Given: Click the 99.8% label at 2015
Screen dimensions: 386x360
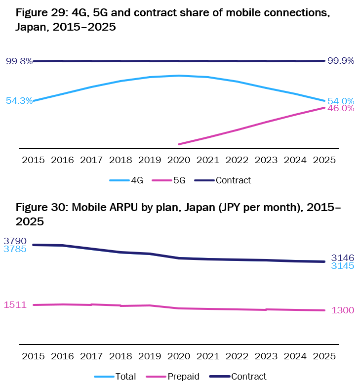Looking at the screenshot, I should pos(19,61).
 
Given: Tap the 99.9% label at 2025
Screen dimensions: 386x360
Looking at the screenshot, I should pos(341,61).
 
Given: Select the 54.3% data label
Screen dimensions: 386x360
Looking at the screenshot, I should pos(19,101).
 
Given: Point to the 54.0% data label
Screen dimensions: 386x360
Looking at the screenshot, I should pos(341,101).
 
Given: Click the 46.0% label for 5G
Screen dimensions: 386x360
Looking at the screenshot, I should pos(341,108).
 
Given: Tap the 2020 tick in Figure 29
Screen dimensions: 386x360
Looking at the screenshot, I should pos(179,160).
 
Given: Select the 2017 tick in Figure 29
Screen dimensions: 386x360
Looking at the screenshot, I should pos(91,160).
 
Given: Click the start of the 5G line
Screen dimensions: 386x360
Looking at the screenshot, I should pos(179,144).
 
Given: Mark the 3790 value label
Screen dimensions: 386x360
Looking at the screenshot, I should pos(15,241).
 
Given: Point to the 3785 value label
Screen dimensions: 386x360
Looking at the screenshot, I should pos(15,249).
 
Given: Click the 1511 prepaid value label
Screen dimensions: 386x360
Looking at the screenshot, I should pos(15,305).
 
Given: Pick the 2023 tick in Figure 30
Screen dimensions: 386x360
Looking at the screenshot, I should pos(266,356).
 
